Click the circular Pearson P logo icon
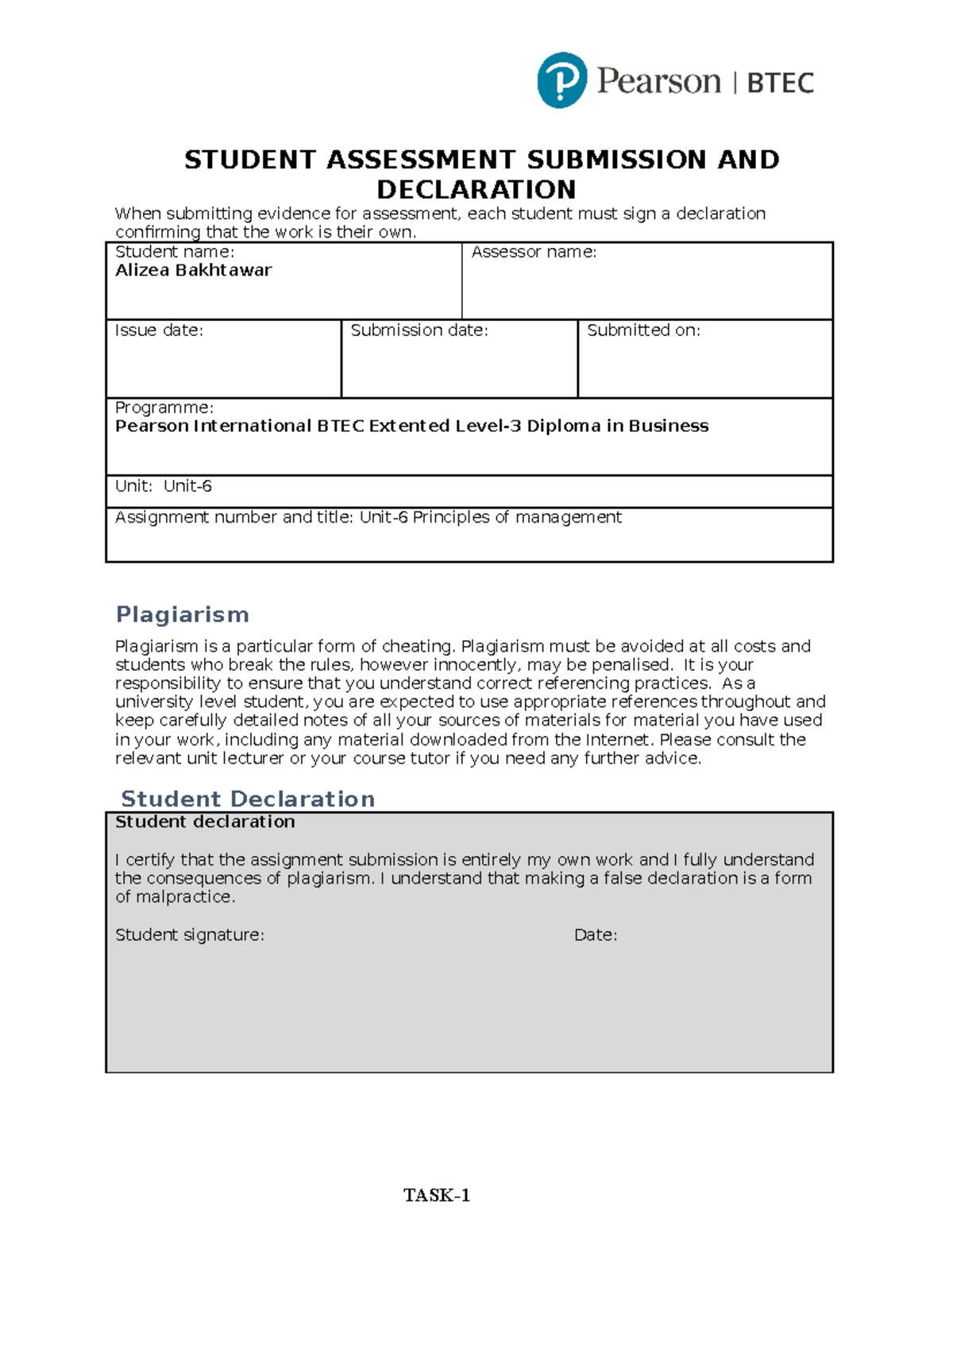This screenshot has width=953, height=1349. coord(562,81)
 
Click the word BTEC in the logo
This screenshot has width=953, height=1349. coord(780,83)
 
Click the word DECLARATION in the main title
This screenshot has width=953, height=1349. coord(476,190)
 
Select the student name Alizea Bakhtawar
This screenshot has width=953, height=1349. coord(193,271)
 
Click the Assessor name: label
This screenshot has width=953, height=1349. coord(534,253)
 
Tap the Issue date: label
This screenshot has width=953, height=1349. coord(159,330)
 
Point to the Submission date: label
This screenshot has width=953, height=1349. coord(419,330)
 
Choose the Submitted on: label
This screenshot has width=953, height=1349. coord(643,330)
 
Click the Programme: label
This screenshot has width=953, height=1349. coord(164,408)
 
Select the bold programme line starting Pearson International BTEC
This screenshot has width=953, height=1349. coord(411,427)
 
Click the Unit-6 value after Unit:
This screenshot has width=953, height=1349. coord(187,486)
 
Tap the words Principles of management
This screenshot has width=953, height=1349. coord(517,518)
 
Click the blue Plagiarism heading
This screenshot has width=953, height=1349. coord(183,615)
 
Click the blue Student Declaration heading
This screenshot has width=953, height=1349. coord(247,799)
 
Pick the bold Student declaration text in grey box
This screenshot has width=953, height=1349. coord(205,822)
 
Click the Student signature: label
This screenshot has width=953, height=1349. coord(189,935)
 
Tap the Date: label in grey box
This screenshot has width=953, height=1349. coord(595,935)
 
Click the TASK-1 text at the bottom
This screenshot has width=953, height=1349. coord(437,1195)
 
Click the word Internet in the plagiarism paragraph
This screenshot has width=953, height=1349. coord(616,740)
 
